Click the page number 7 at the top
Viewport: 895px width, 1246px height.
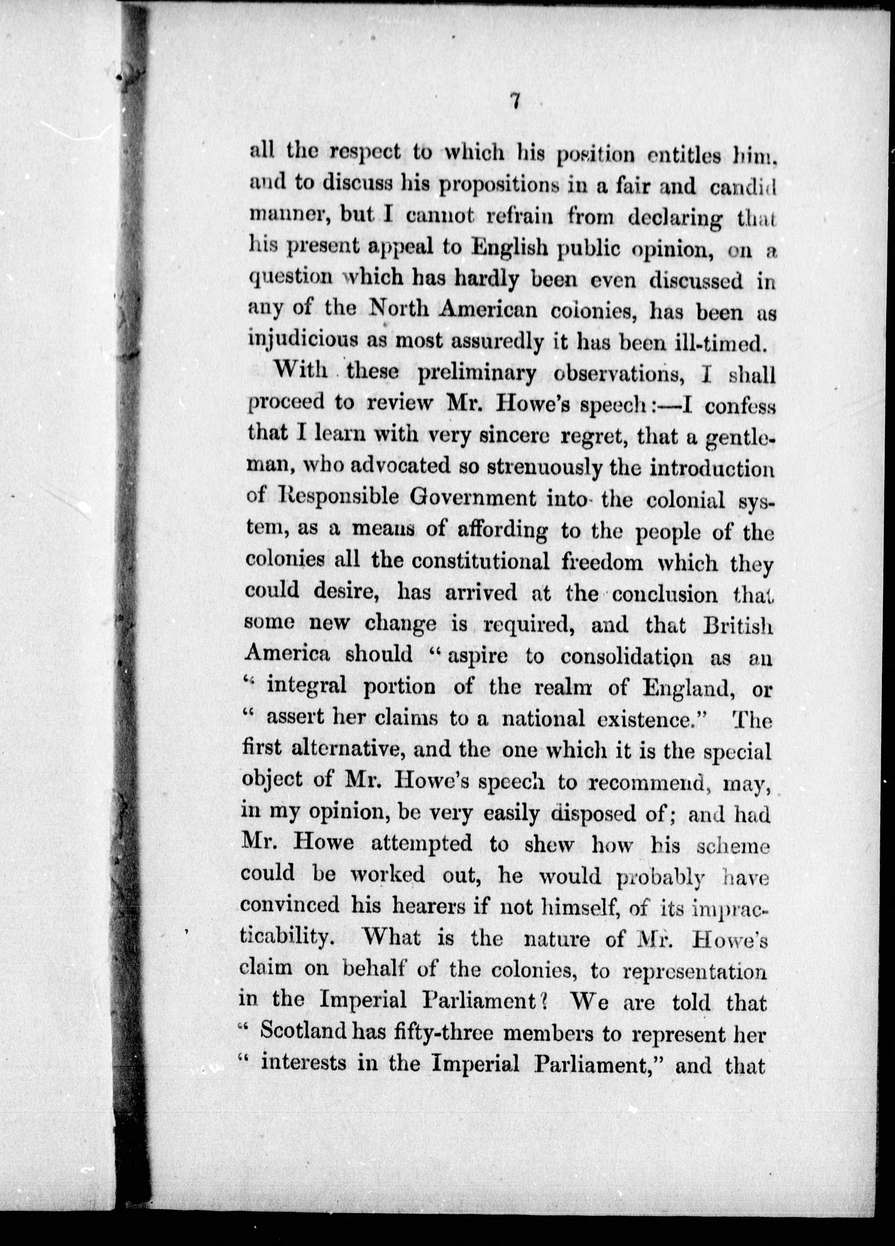[514, 102]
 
